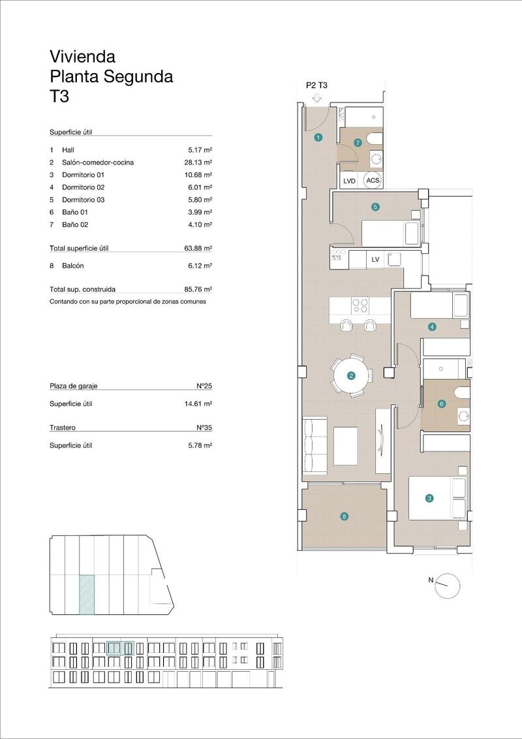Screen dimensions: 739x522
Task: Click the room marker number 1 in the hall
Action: tap(318, 138)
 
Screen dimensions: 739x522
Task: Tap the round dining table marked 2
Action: tap(351, 375)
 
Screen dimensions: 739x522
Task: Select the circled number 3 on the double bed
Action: tap(429, 499)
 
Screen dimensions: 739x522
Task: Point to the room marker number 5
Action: tap(375, 208)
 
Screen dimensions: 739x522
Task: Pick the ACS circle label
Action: tap(373, 181)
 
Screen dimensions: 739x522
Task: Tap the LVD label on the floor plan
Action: tap(349, 181)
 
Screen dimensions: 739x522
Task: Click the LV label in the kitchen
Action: tap(375, 259)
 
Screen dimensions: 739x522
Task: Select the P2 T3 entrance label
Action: tap(316, 85)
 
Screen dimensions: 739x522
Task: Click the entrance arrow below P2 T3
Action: tap(316, 98)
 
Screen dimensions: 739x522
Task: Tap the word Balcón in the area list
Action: tap(72, 266)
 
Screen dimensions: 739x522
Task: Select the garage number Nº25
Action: tap(205, 386)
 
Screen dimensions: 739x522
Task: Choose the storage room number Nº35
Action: tap(205, 428)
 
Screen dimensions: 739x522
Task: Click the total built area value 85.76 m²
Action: tap(198, 289)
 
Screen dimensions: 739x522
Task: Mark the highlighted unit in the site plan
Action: tap(86, 595)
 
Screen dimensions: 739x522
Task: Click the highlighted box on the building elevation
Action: tap(119, 648)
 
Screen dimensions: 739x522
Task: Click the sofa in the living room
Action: tap(315, 447)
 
